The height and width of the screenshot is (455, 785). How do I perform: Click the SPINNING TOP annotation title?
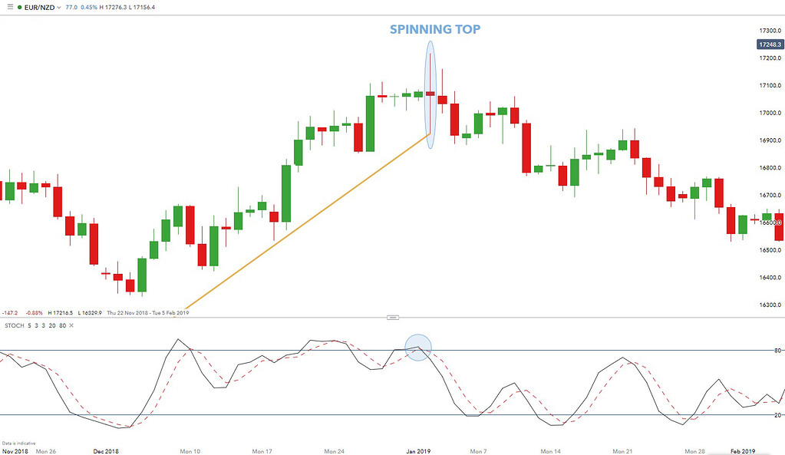tap(435, 30)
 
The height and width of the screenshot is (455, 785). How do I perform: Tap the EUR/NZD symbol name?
tap(39, 7)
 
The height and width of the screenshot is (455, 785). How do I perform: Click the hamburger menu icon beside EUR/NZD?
tap(10, 7)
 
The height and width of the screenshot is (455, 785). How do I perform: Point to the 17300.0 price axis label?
tap(768, 30)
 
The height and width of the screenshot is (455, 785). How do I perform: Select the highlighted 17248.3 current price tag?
tap(769, 45)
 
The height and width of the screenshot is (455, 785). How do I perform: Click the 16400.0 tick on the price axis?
tap(768, 278)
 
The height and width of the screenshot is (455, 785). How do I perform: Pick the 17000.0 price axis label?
tap(768, 113)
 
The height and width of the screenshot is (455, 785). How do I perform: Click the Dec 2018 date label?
tap(105, 451)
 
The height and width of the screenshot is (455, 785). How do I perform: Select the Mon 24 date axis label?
tap(333, 451)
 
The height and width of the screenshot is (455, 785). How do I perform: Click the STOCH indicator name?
tap(14, 326)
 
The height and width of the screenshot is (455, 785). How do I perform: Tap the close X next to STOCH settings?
tap(71, 326)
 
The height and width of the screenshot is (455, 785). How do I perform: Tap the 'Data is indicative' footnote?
tap(18, 443)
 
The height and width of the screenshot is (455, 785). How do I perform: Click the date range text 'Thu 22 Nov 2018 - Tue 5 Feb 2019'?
tap(147, 312)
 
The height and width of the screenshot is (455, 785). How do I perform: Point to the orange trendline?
tap(307, 222)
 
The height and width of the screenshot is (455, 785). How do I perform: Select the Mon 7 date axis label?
tap(478, 451)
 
